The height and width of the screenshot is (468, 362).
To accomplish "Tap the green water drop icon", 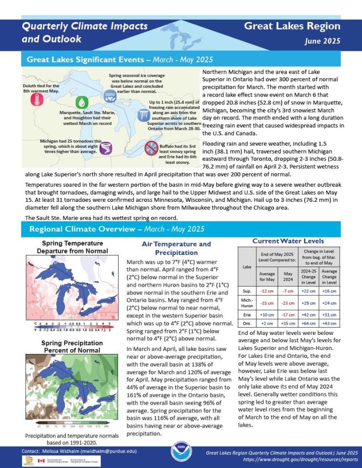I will coord(82,102).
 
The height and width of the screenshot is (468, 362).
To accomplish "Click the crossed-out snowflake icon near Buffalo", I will coord(152,148).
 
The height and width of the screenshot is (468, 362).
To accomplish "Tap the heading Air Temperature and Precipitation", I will coord(176,248).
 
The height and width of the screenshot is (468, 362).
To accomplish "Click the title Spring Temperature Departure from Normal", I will coord(72,247).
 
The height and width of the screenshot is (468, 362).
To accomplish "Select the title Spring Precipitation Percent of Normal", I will coord(72,347).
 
